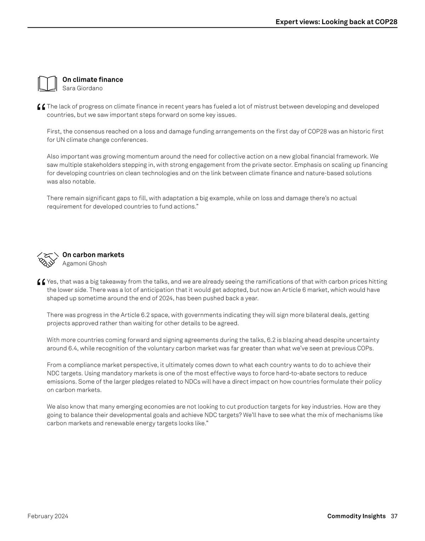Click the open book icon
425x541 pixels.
coord(47,84)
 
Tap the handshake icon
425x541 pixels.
coord(47,259)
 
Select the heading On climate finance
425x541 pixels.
coord(93,79)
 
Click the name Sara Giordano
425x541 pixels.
coord(83,88)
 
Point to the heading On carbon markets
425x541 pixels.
coord(93,255)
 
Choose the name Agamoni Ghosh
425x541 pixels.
coord(84,263)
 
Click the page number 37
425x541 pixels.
coord(394,516)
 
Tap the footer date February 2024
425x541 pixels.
coord(48,516)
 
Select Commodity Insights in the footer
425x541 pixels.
coord(356,516)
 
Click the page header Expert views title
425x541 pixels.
coord(336,22)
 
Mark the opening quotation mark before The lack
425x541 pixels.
coord(41,107)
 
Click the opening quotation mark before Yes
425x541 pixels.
coord(41,282)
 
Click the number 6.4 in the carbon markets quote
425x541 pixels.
coord(73,348)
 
